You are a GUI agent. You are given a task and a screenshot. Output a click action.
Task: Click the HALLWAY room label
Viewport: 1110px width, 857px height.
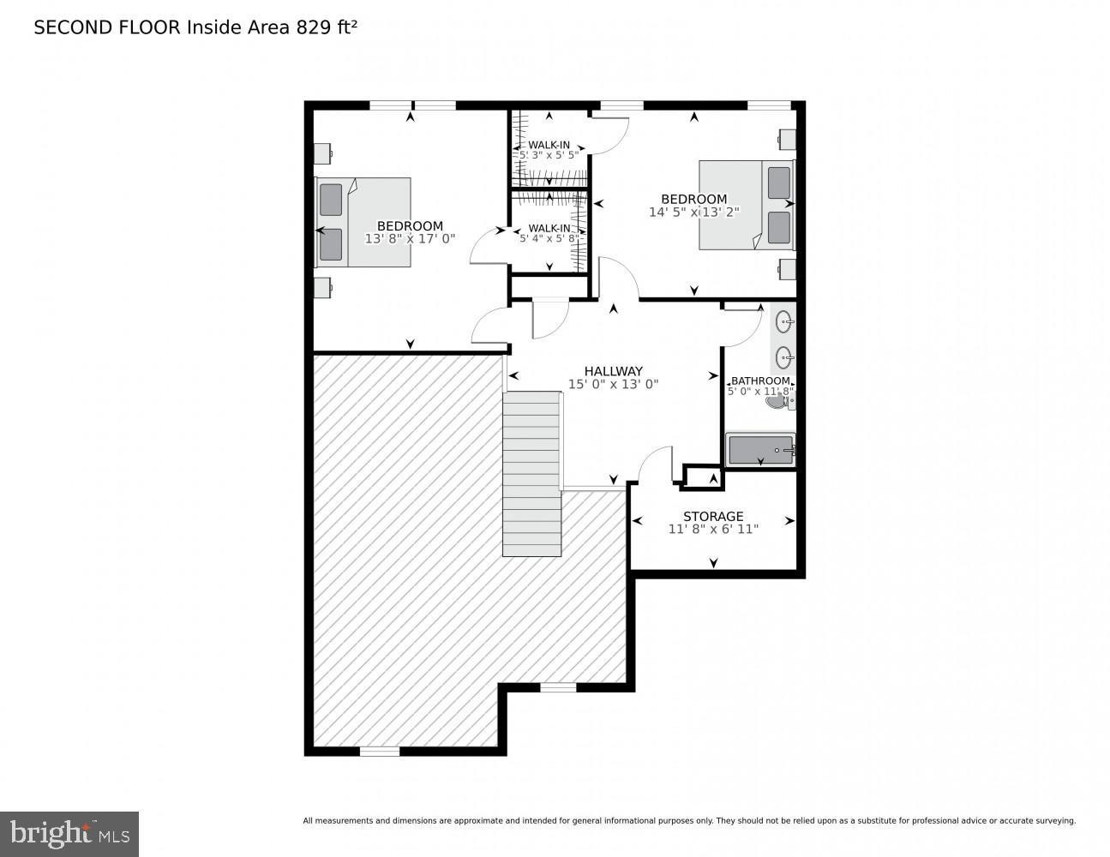click(x=613, y=371)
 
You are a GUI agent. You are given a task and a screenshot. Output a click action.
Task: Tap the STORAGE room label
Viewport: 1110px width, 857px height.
click(x=712, y=516)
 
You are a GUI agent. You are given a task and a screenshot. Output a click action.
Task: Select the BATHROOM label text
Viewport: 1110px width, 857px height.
click(x=759, y=381)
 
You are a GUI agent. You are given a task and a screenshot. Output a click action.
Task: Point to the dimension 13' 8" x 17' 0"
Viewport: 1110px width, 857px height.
click(x=410, y=239)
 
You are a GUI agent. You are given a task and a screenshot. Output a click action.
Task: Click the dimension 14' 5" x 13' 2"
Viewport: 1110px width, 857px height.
click(x=693, y=212)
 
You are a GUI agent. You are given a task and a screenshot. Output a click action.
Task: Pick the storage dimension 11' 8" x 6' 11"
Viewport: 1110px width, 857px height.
click(x=712, y=530)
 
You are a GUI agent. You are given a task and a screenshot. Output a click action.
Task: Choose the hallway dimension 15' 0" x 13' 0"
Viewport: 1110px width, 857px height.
click(x=613, y=385)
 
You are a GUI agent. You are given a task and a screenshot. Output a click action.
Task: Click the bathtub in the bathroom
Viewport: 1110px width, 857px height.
click(x=760, y=450)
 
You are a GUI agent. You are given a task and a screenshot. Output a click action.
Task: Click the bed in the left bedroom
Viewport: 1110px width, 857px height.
click(x=363, y=222)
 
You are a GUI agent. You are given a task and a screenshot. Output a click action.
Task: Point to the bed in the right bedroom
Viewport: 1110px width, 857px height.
click(x=746, y=205)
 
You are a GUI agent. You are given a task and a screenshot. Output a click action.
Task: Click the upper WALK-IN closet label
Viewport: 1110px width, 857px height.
click(x=549, y=145)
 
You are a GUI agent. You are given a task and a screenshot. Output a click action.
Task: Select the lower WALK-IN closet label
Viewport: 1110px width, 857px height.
click(x=549, y=228)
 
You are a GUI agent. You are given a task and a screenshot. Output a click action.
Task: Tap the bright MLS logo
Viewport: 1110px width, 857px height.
click(x=69, y=833)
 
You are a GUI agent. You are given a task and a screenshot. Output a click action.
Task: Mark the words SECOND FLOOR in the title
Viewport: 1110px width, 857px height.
click(x=107, y=27)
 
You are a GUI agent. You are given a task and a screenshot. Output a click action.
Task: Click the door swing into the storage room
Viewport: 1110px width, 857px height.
click(x=656, y=465)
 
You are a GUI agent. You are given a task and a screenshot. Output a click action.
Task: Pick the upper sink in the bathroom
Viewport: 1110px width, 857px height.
click(x=784, y=322)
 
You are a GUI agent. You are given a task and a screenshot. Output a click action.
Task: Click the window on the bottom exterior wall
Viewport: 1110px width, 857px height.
click(x=379, y=752)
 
